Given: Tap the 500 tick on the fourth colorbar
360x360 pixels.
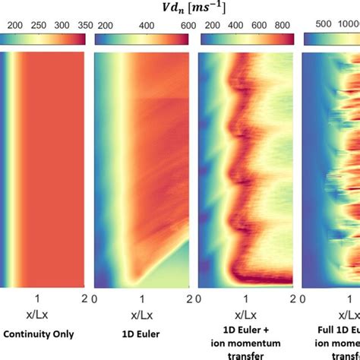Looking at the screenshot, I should (x=319, y=25).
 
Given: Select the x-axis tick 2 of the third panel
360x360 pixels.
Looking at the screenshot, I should (x=292, y=298).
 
